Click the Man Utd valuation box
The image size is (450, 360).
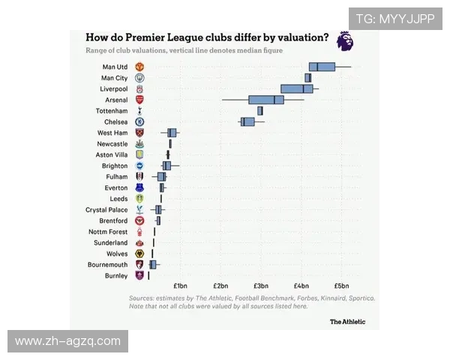(x=322, y=67)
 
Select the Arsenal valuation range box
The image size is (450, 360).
(x=266, y=100)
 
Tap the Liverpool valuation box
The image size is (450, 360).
(x=297, y=88)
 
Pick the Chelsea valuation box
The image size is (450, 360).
(x=247, y=121)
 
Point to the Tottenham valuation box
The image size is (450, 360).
(x=259, y=110)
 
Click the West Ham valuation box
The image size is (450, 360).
(x=172, y=133)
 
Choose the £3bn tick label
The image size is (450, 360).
(x=260, y=286)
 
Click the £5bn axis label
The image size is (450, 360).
(x=341, y=286)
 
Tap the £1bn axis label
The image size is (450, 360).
(x=180, y=286)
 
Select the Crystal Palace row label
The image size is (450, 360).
(x=106, y=210)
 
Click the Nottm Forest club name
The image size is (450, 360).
(x=108, y=232)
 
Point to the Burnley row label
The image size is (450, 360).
(x=116, y=276)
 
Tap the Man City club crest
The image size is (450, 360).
(x=139, y=78)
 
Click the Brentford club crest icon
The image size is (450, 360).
(x=139, y=221)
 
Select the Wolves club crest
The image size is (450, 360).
(x=139, y=254)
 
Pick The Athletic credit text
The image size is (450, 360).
(x=348, y=322)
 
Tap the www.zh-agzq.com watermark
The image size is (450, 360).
(x=67, y=341)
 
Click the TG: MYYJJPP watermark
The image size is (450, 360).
(x=394, y=19)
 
